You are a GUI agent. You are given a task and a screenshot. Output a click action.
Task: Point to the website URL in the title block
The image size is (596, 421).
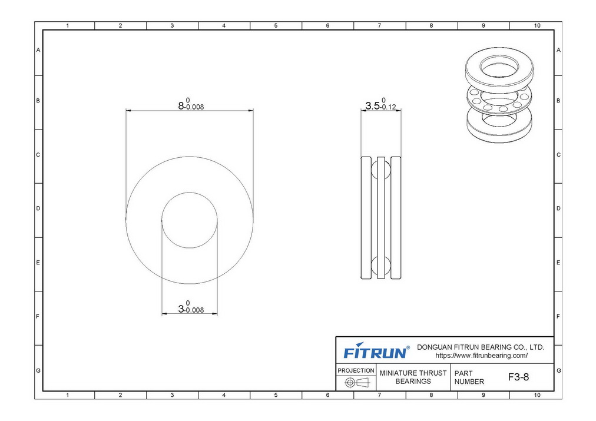point(481,356)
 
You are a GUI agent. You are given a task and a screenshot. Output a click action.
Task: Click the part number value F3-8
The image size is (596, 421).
point(518,377)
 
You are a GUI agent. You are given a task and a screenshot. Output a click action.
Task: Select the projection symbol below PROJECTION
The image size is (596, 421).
point(356,382)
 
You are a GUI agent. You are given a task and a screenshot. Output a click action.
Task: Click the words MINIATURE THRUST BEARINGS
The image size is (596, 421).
point(413,377)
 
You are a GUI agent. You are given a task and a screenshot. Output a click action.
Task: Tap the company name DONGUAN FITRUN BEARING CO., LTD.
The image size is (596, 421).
point(481,347)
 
